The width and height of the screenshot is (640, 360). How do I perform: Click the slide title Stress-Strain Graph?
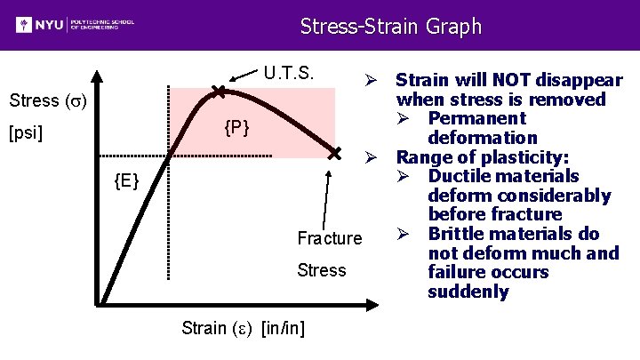point(390,26)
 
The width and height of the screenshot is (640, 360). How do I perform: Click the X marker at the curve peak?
point(218,91)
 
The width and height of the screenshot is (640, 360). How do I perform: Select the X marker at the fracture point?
point(334,156)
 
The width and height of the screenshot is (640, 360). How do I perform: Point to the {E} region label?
point(126,182)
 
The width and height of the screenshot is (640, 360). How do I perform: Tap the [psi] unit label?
point(31,135)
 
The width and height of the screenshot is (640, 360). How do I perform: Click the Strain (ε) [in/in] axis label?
point(243,328)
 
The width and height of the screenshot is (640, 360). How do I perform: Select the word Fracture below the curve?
point(330,238)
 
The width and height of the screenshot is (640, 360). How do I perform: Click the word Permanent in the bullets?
point(476,118)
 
